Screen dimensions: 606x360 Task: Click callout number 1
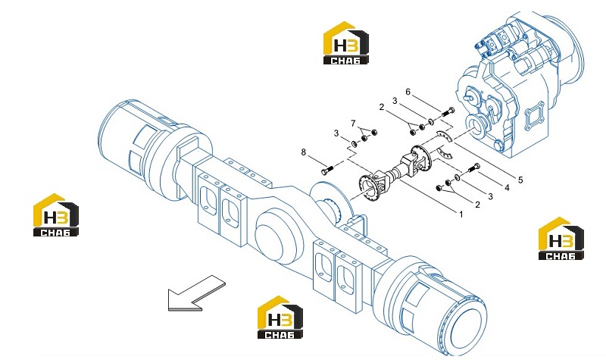tap(461, 214)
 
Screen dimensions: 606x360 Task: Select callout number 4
tap(507, 188)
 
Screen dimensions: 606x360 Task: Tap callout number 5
tap(520, 180)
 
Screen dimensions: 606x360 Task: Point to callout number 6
tap(408, 92)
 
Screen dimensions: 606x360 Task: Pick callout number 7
tap(353, 124)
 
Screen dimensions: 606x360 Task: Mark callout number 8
tap(304, 152)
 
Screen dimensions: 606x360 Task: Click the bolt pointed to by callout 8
tap(326, 171)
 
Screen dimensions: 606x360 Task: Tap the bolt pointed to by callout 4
tap(474, 168)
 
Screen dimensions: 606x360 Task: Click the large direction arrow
tap(196, 293)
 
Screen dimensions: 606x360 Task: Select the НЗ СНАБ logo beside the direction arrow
tap(280, 317)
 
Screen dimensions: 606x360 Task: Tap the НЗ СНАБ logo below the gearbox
tap(561, 238)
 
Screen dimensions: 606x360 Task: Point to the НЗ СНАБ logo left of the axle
tap(56, 214)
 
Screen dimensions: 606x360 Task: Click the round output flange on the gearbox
tap(476, 125)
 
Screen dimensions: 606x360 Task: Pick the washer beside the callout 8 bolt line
tap(354, 144)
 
